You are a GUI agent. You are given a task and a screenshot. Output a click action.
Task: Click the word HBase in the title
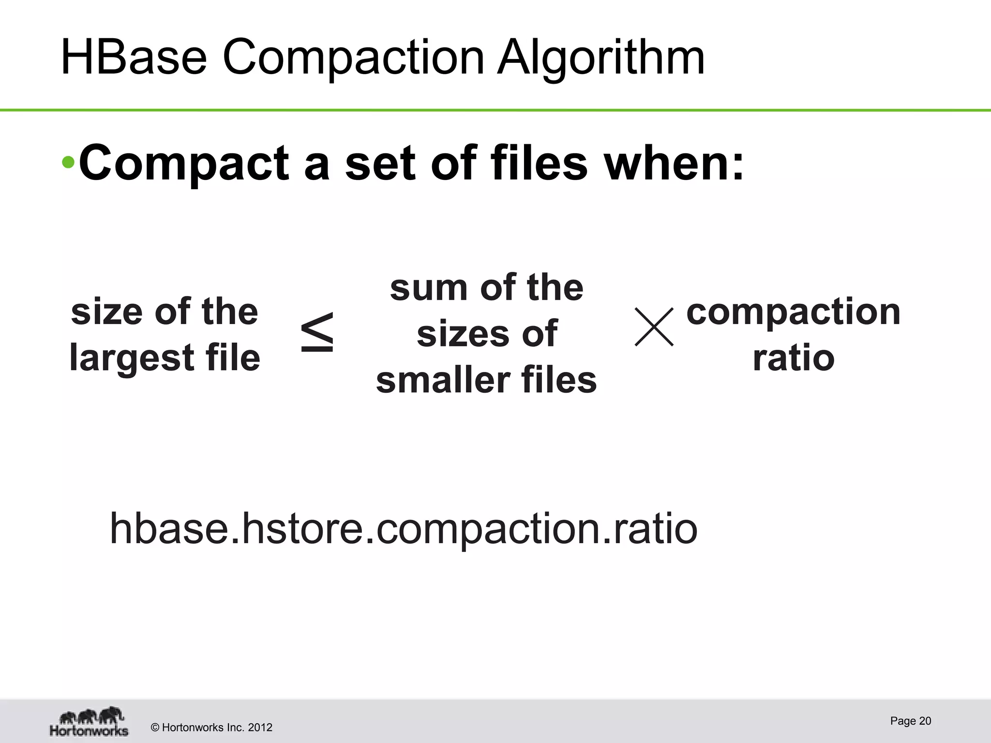pyautogui.click(x=134, y=58)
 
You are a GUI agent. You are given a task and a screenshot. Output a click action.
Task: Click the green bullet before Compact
pyautogui.click(x=68, y=163)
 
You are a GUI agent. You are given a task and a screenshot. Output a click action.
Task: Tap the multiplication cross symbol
pyautogui.click(x=654, y=327)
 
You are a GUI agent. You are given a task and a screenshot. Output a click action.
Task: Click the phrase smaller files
pyautogui.click(x=486, y=380)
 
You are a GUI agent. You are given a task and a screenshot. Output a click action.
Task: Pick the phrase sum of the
pyautogui.click(x=486, y=287)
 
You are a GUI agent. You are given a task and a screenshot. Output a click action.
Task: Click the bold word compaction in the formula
pyautogui.click(x=794, y=312)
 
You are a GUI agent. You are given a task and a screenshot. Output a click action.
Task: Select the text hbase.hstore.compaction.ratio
pyautogui.click(x=404, y=528)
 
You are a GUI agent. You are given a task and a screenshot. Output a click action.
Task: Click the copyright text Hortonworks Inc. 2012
pyautogui.click(x=212, y=728)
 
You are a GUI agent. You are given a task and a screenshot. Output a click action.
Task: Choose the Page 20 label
pyautogui.click(x=910, y=721)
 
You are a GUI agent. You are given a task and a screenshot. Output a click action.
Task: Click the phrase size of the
pyautogui.click(x=165, y=312)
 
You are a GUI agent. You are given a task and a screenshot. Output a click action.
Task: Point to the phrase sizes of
pyautogui.click(x=486, y=334)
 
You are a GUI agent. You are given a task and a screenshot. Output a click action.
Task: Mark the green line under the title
pyautogui.click(x=495, y=110)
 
